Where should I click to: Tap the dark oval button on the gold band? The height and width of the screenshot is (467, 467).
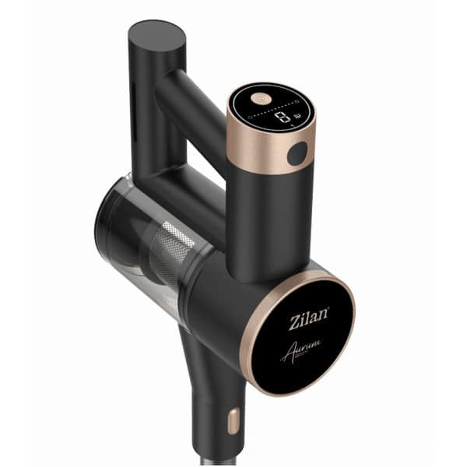pyautogui.click(x=297, y=154)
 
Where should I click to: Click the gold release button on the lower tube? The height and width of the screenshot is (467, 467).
pyautogui.click(x=231, y=422)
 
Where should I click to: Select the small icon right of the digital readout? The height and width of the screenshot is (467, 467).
pyautogui.click(x=297, y=118)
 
